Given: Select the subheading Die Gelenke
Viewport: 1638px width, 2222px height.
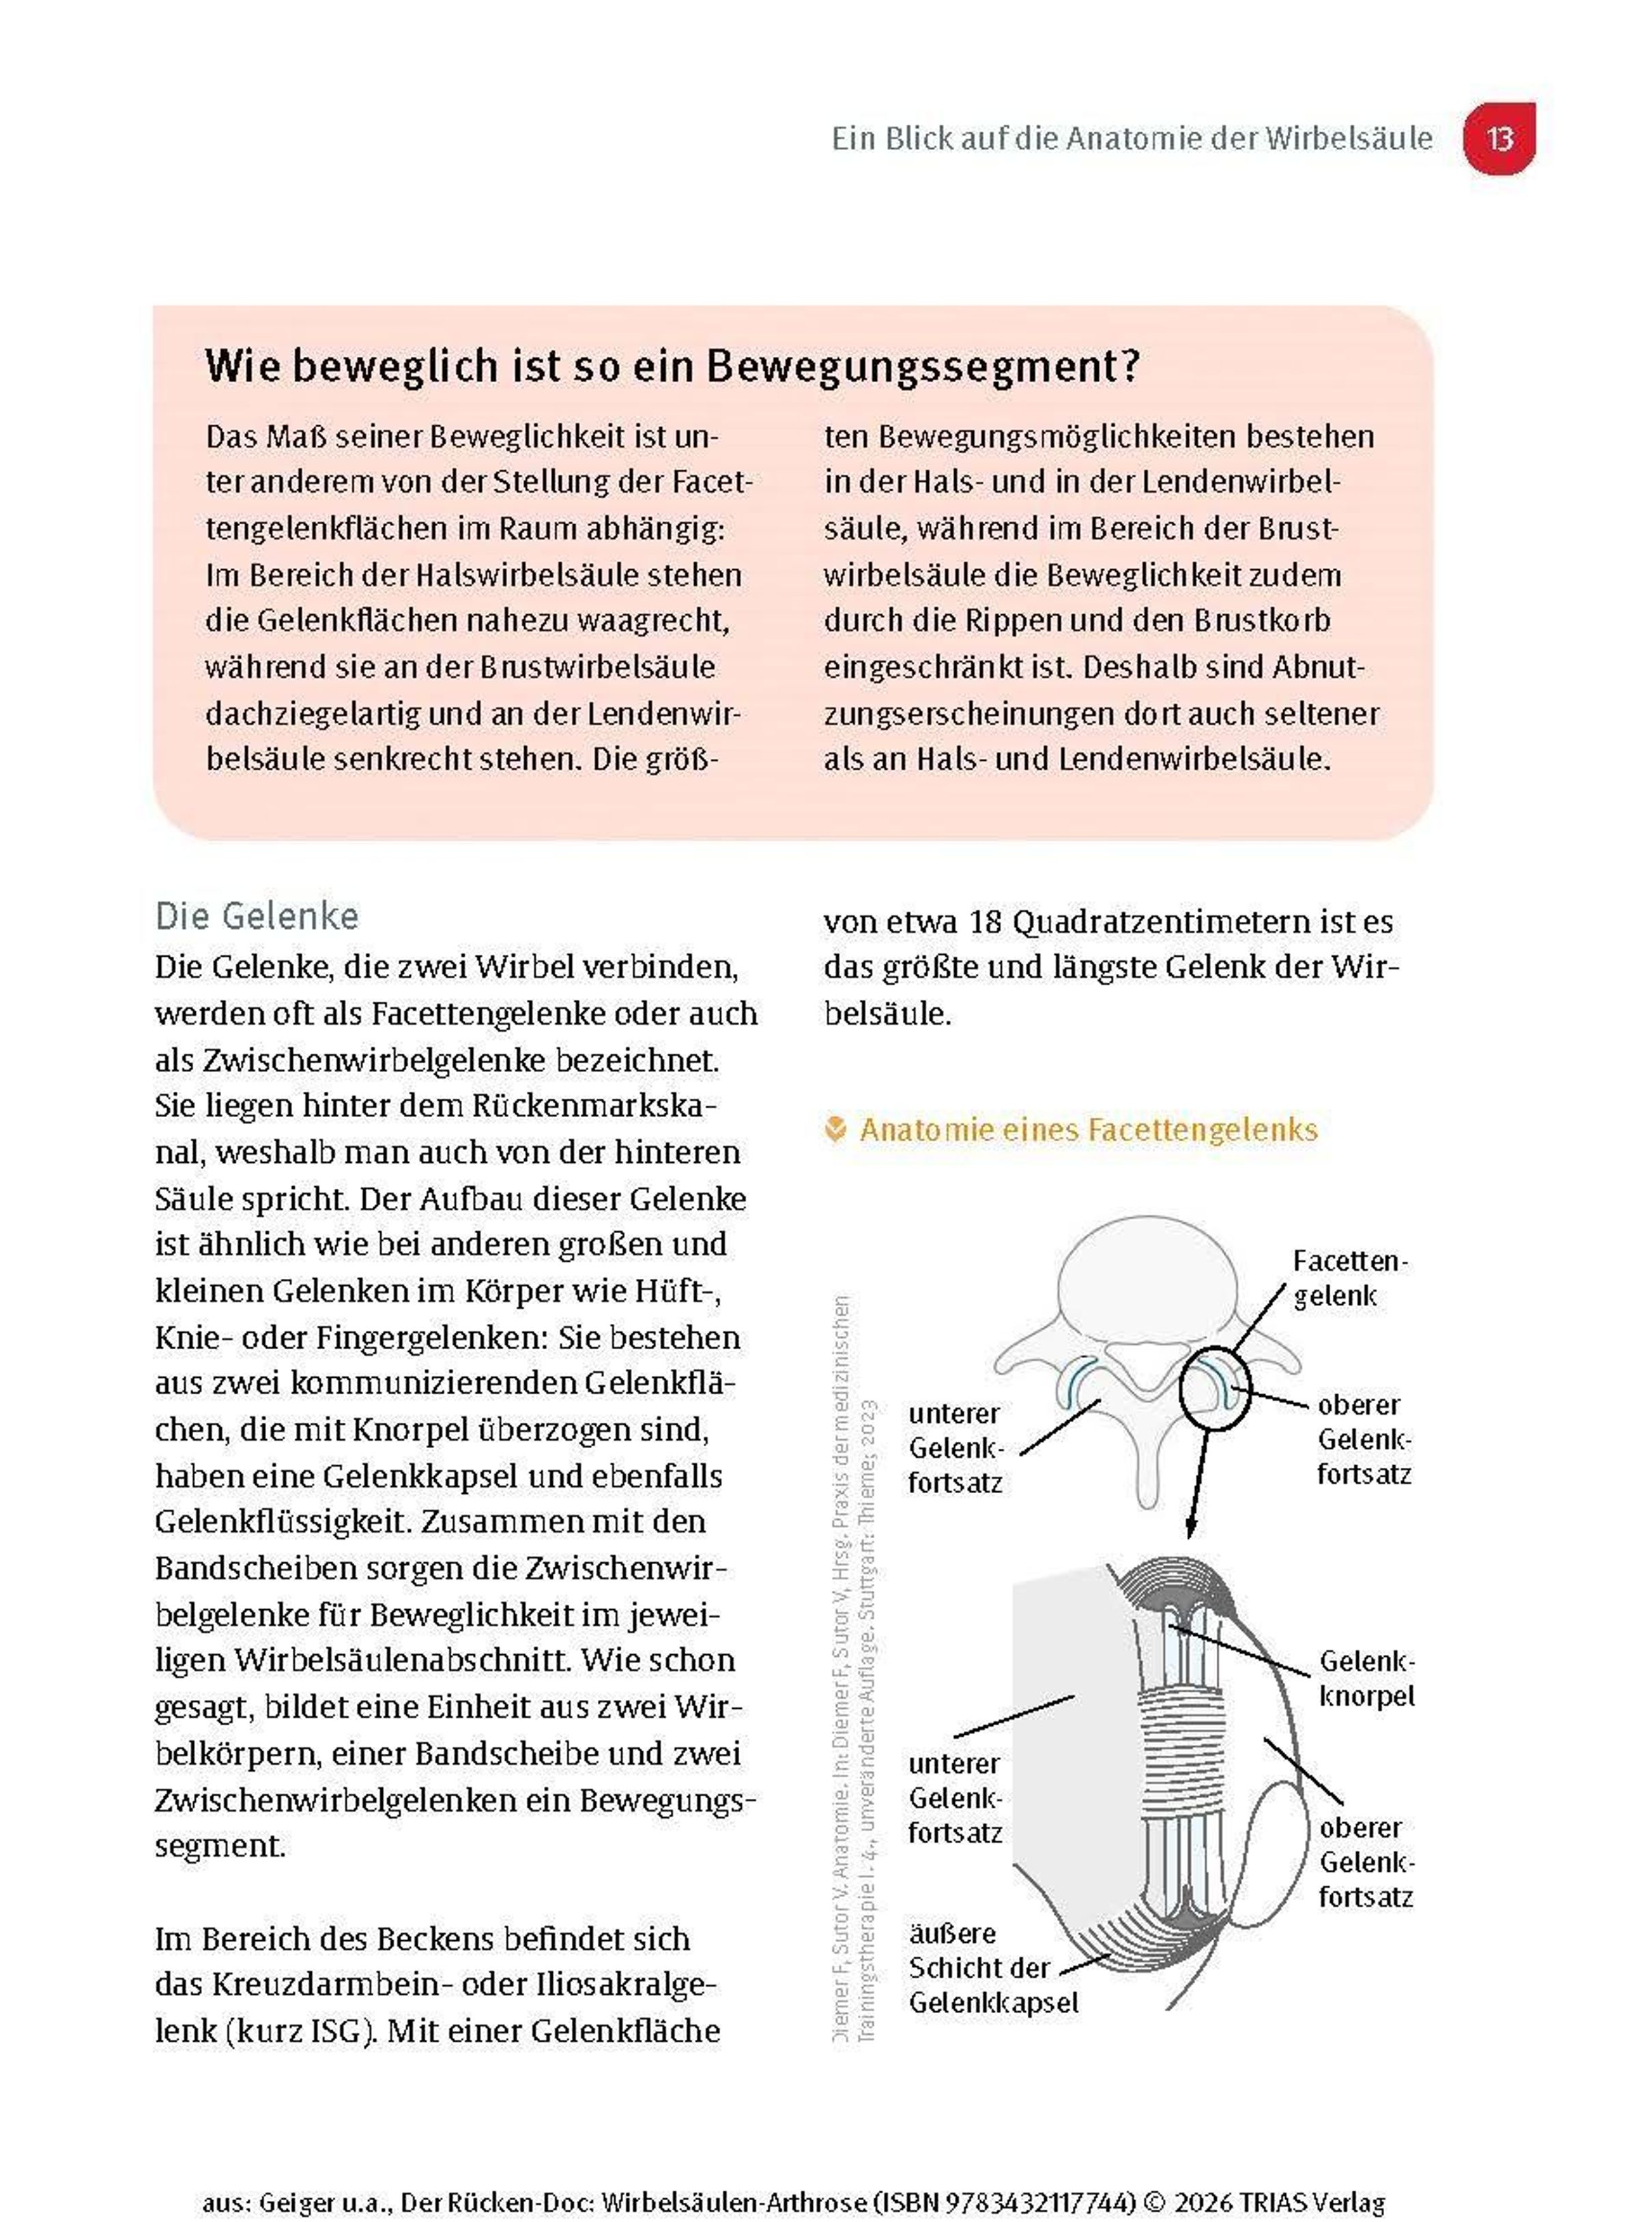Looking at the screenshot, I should [257, 915].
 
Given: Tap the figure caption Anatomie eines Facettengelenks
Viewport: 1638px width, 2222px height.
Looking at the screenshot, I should [1088, 1129].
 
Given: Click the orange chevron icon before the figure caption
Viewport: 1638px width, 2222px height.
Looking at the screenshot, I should [836, 1129].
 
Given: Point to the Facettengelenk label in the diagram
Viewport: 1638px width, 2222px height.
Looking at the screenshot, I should [1349, 1278].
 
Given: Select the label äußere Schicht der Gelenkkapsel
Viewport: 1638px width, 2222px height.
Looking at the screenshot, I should [992, 1968].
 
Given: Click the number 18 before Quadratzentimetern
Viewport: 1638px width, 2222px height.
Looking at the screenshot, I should [986, 922].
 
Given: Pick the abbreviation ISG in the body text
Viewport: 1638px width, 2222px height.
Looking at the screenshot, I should [337, 2031].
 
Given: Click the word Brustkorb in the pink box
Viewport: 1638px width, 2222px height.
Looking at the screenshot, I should [1276, 621].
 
